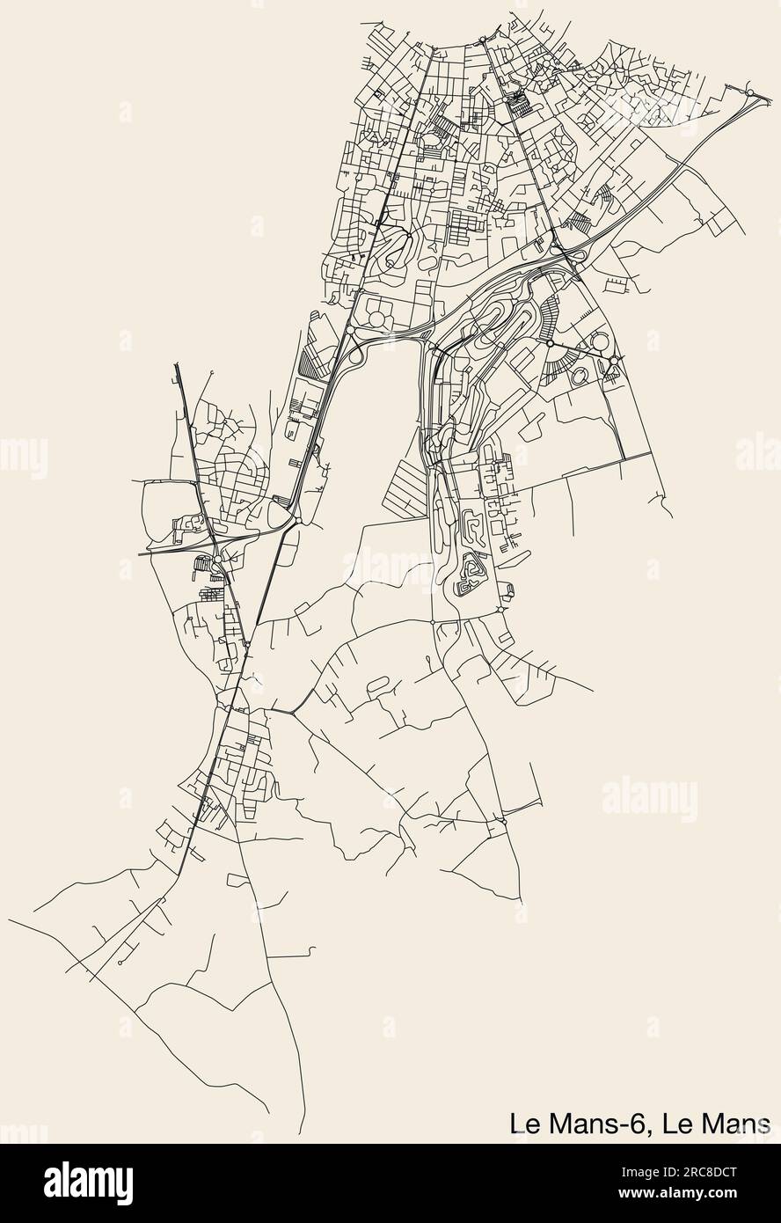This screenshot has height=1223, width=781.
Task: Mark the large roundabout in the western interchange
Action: (x=216, y=559)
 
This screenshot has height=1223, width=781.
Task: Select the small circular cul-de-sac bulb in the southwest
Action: (x=118, y=964)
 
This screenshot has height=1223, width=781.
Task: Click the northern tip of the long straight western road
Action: (x=176, y=363)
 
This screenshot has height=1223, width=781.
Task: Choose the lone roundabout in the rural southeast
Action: (x=503, y=822)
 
